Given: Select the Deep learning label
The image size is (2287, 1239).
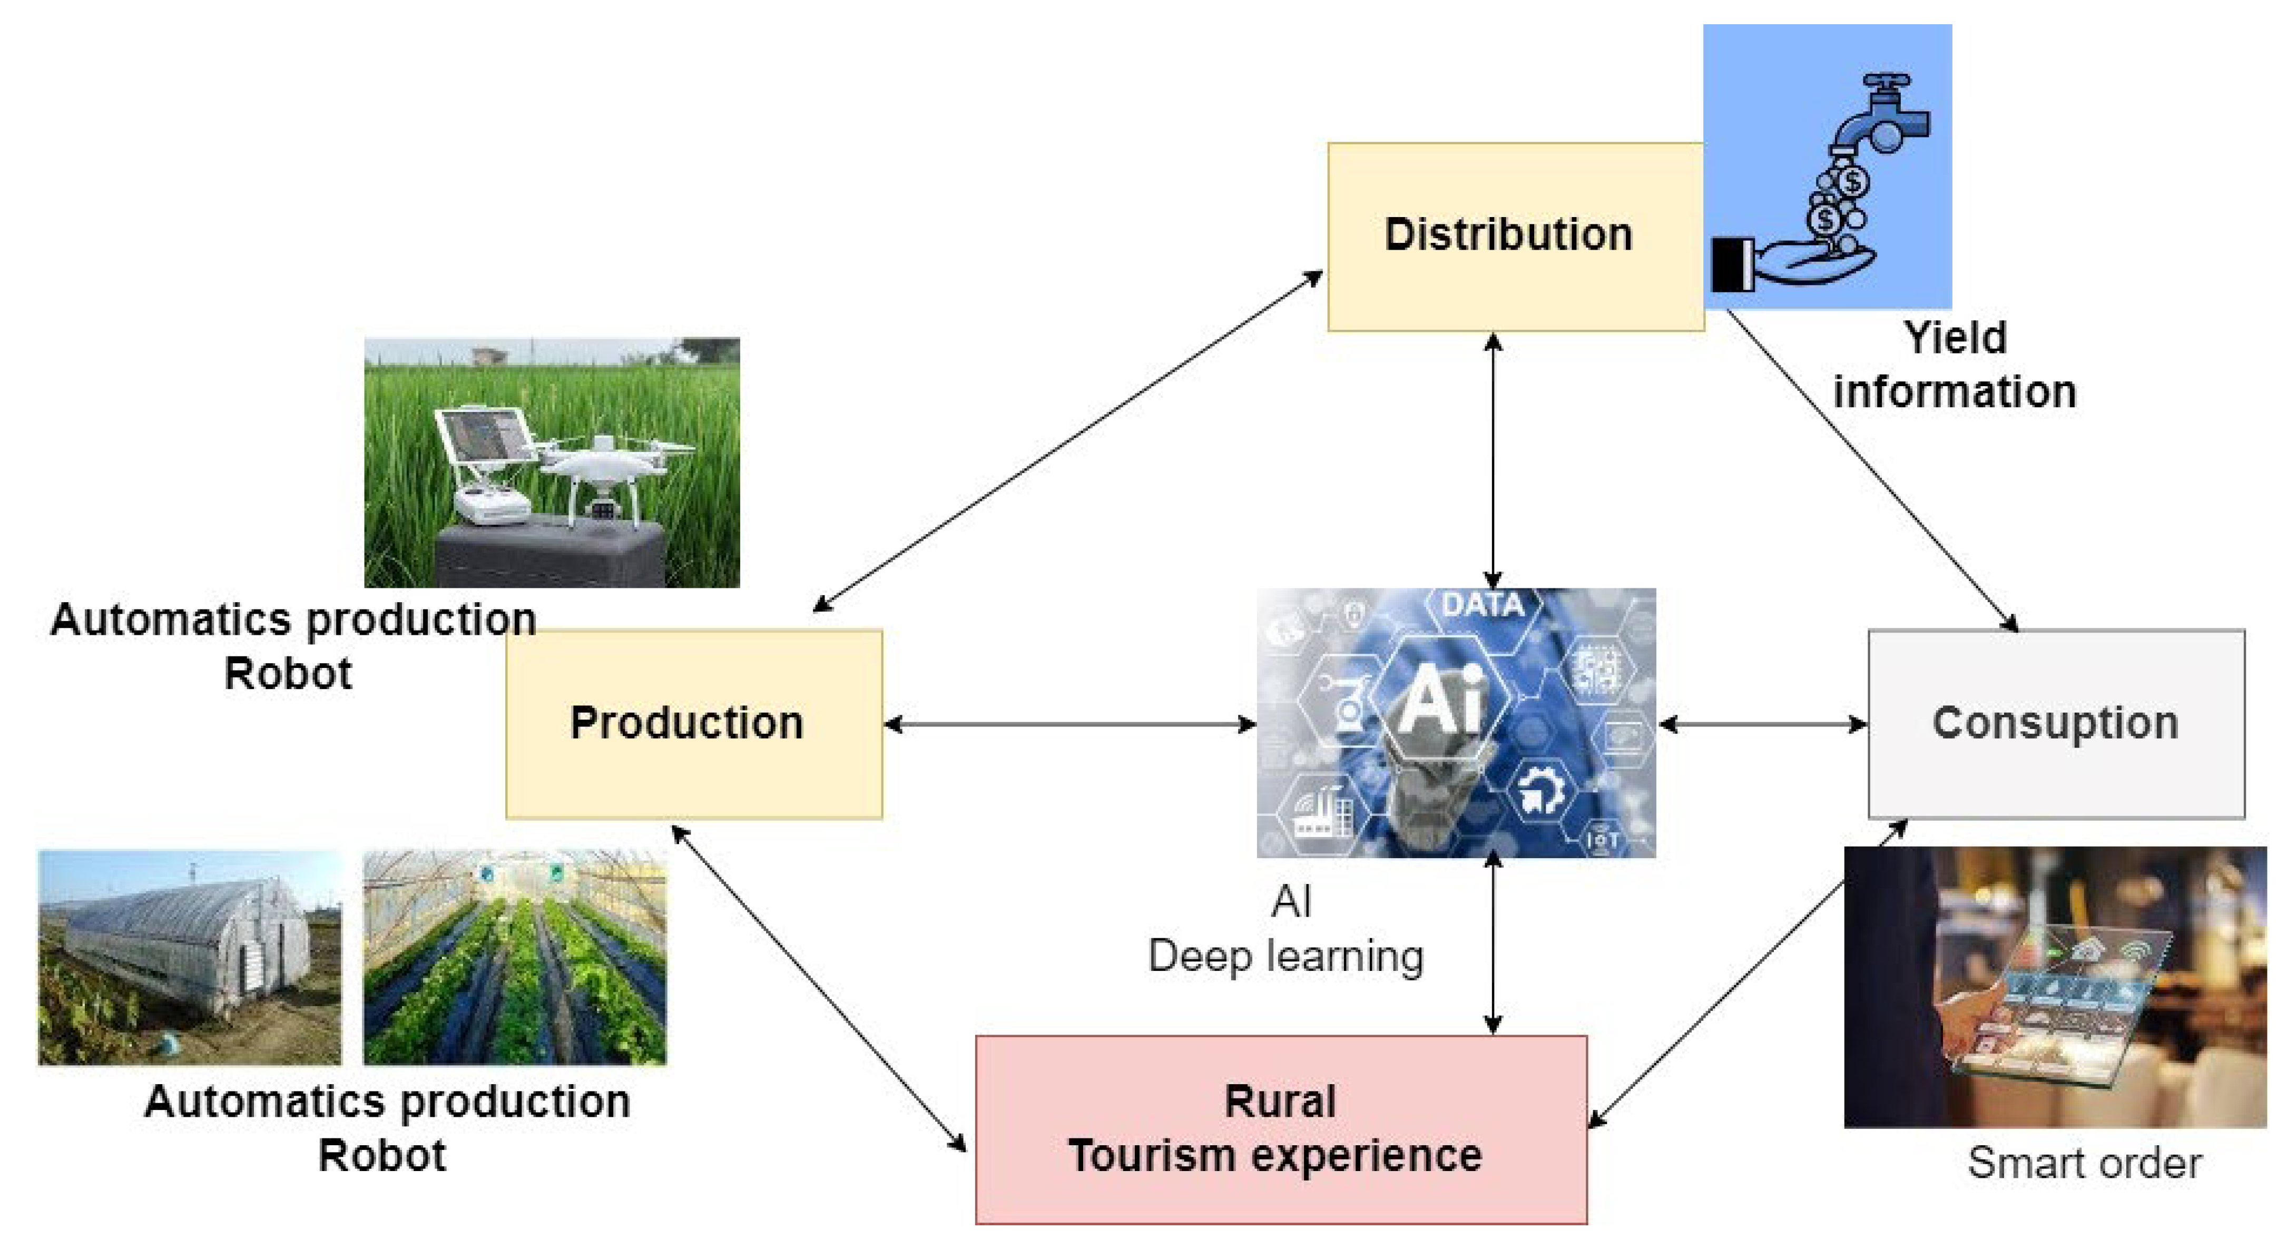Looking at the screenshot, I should point(1285,957).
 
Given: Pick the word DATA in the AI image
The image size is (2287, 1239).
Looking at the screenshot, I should point(1483,605).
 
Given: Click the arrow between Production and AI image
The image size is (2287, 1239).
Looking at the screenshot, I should point(1070,724).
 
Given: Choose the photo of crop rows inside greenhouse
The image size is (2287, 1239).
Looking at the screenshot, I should point(515,959).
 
